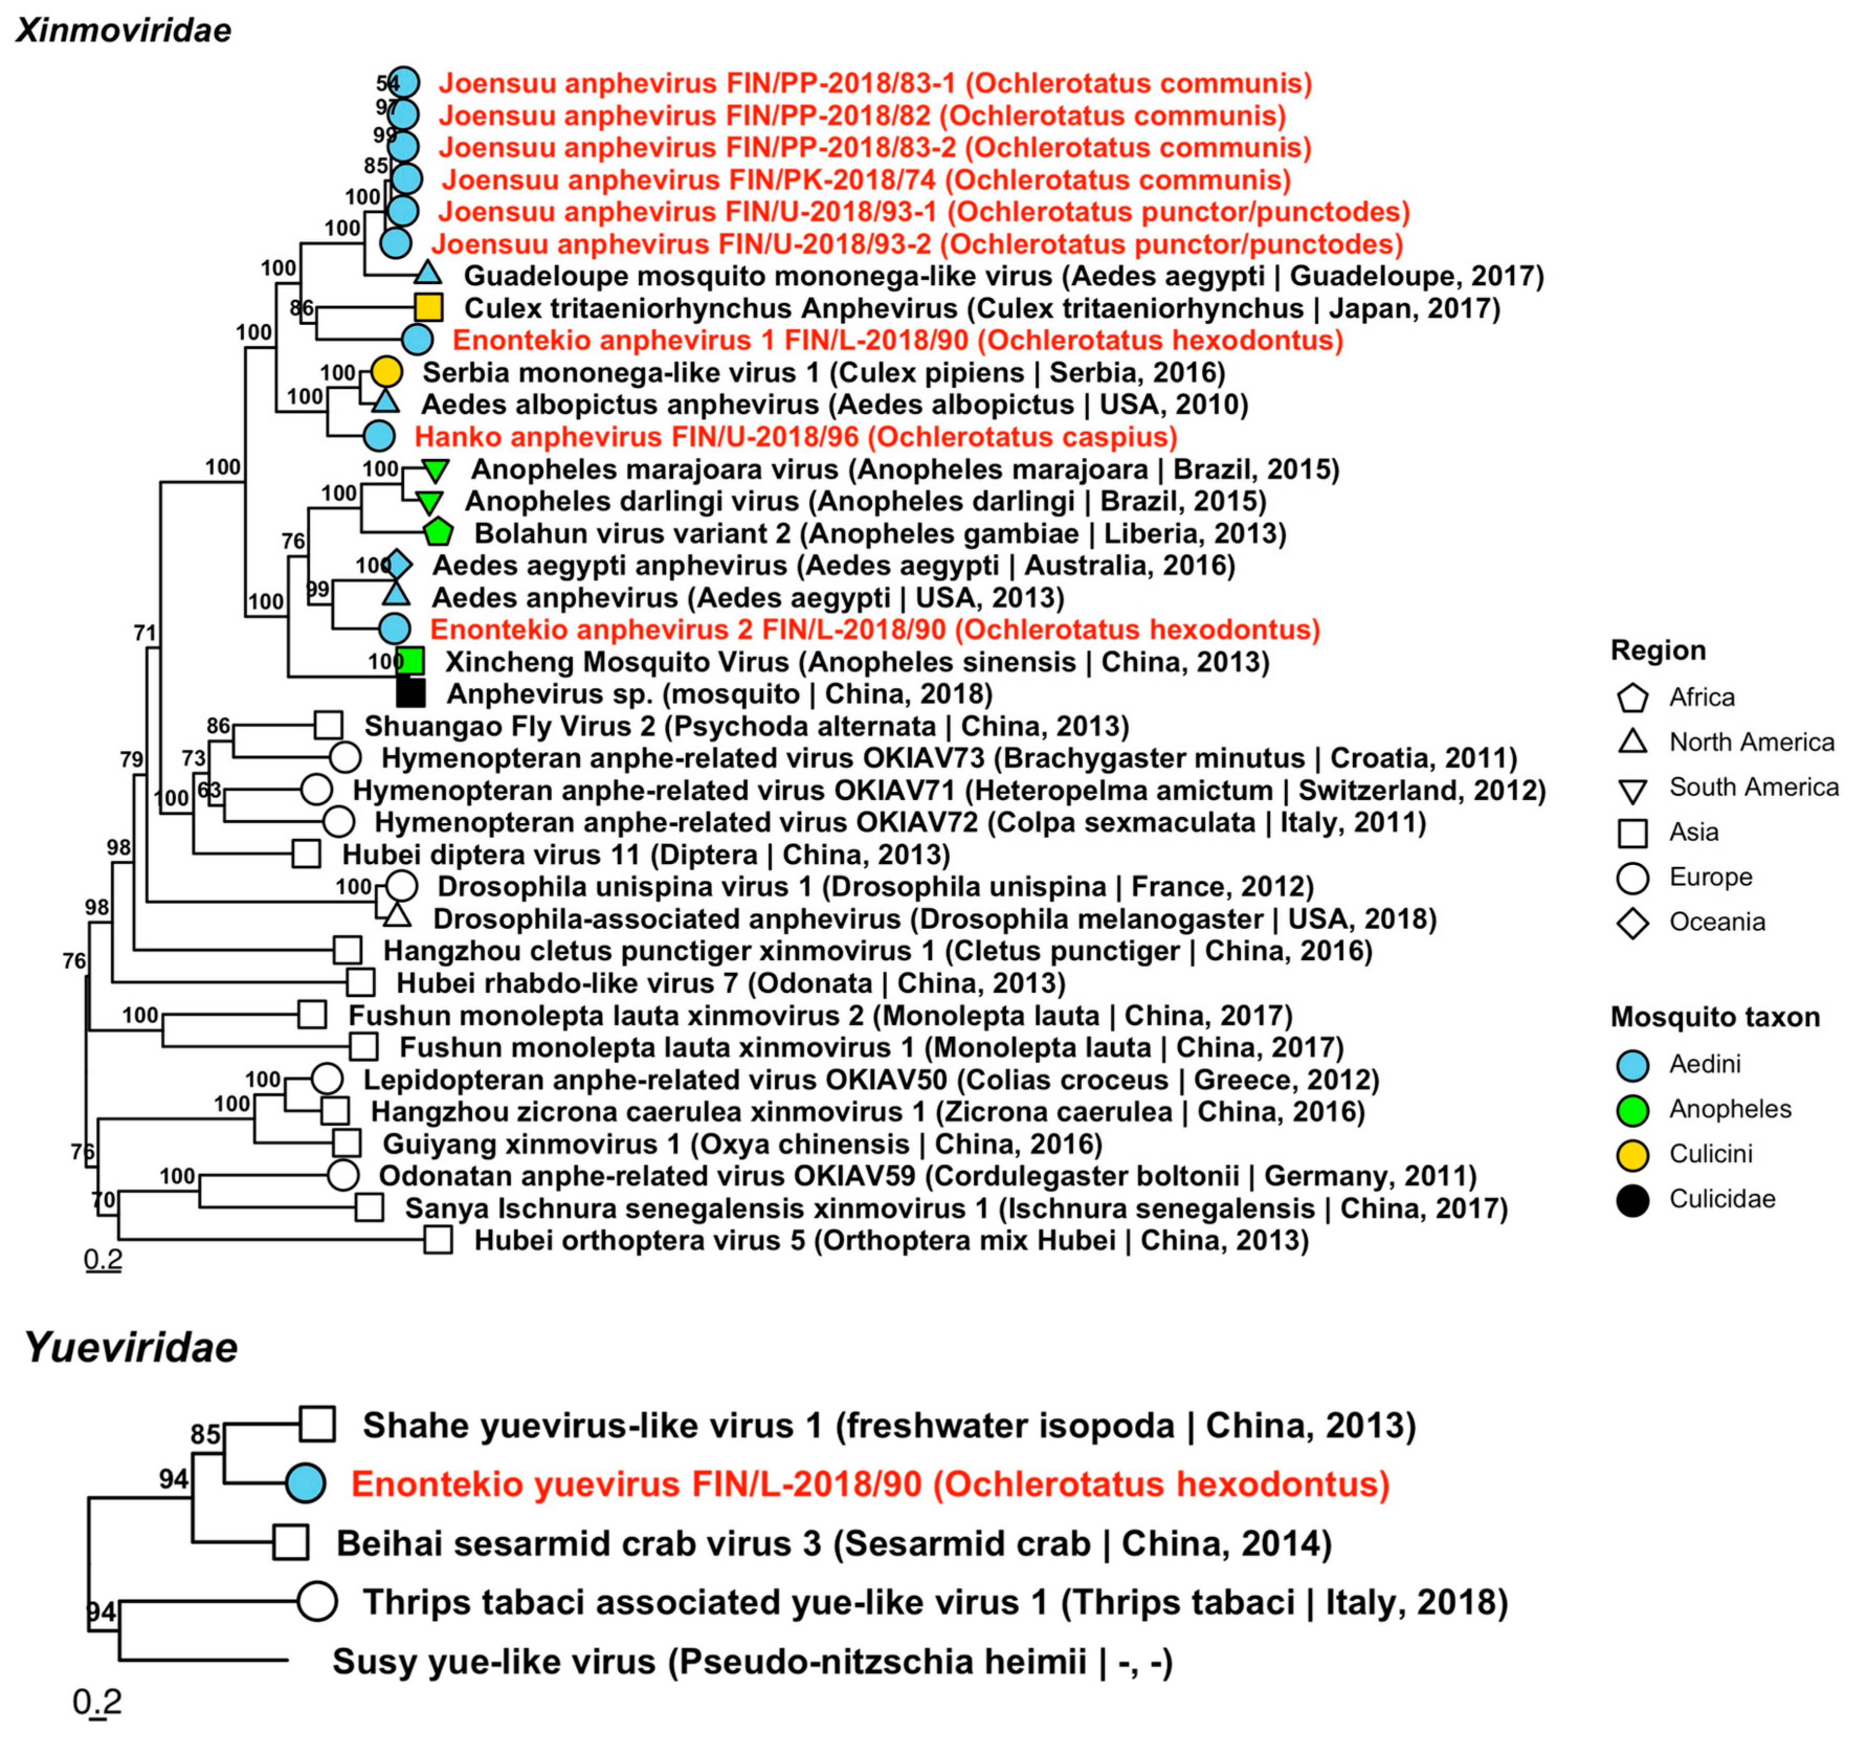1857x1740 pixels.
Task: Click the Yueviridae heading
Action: (131, 1348)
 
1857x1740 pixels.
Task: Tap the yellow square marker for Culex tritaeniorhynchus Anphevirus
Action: (428, 307)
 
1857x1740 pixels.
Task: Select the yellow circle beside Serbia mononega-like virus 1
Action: (387, 372)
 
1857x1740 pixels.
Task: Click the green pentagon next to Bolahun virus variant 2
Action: (438, 533)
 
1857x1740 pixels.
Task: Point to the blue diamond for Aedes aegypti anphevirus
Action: (398, 565)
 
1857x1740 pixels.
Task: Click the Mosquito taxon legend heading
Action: (1715, 1018)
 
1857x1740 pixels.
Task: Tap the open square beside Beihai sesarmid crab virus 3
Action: (292, 1543)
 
